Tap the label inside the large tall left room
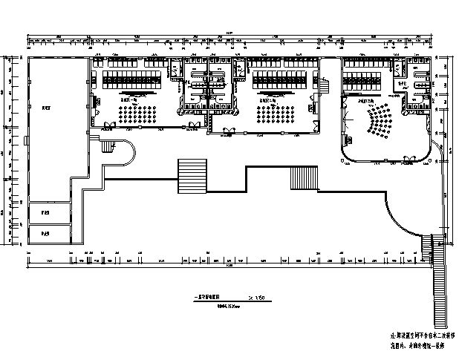click(x=46, y=108)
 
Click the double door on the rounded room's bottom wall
click(x=385, y=160)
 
